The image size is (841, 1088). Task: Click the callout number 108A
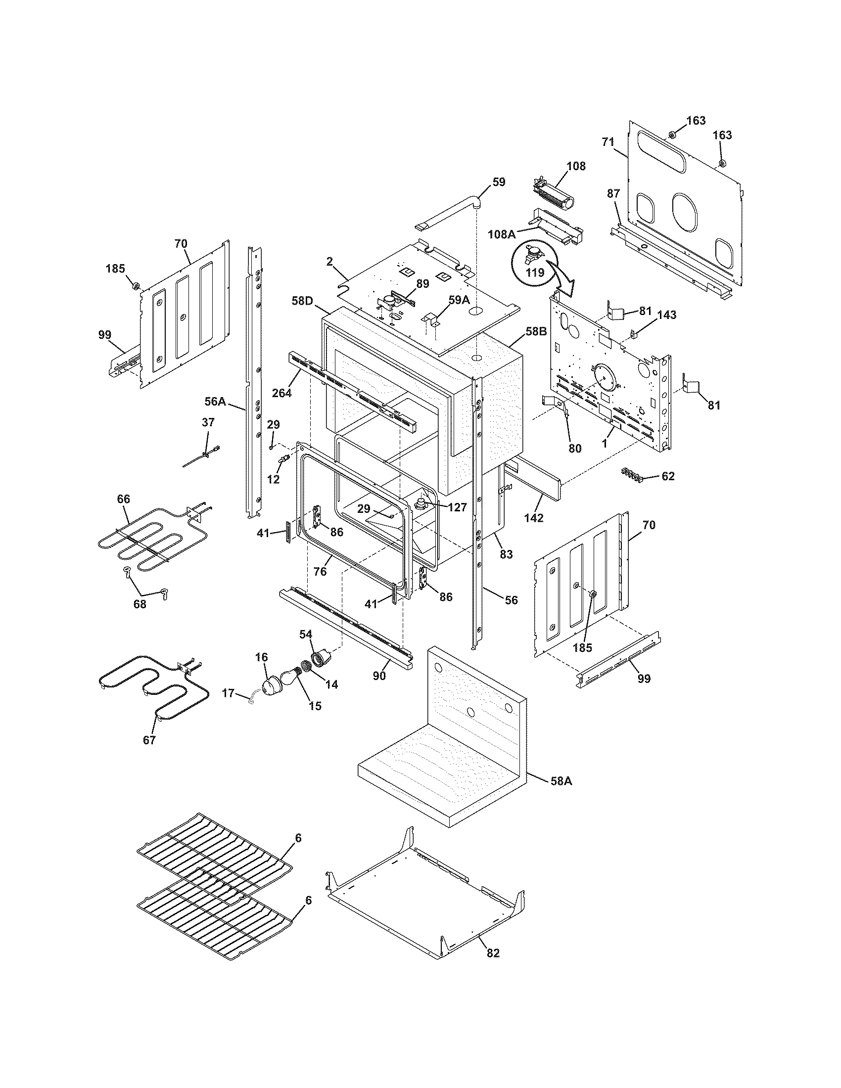502,234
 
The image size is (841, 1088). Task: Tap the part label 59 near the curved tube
499,182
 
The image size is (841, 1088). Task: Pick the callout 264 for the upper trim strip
282,393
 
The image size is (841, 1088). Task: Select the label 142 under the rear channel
534,518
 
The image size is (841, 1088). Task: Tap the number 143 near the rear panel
667,315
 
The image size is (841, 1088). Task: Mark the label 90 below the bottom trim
379,677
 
